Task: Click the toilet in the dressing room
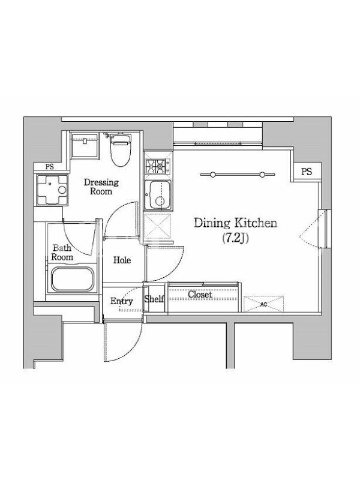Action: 121,149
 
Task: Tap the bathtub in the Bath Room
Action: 72,279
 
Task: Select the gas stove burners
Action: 157,166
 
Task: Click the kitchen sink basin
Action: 158,195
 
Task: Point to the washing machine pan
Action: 52,190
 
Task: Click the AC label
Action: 263,304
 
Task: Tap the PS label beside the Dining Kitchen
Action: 307,172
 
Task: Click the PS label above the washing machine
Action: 49,167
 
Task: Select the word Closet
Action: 200,295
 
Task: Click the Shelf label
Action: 154,299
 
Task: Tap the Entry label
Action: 122,301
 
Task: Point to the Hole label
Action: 122,260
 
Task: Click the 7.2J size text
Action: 235,238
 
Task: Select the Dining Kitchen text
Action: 235,223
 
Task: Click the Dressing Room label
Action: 101,187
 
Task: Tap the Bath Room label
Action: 62,252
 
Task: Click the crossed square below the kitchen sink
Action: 157,226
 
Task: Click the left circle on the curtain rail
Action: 212,175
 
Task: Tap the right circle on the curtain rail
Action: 262,175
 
